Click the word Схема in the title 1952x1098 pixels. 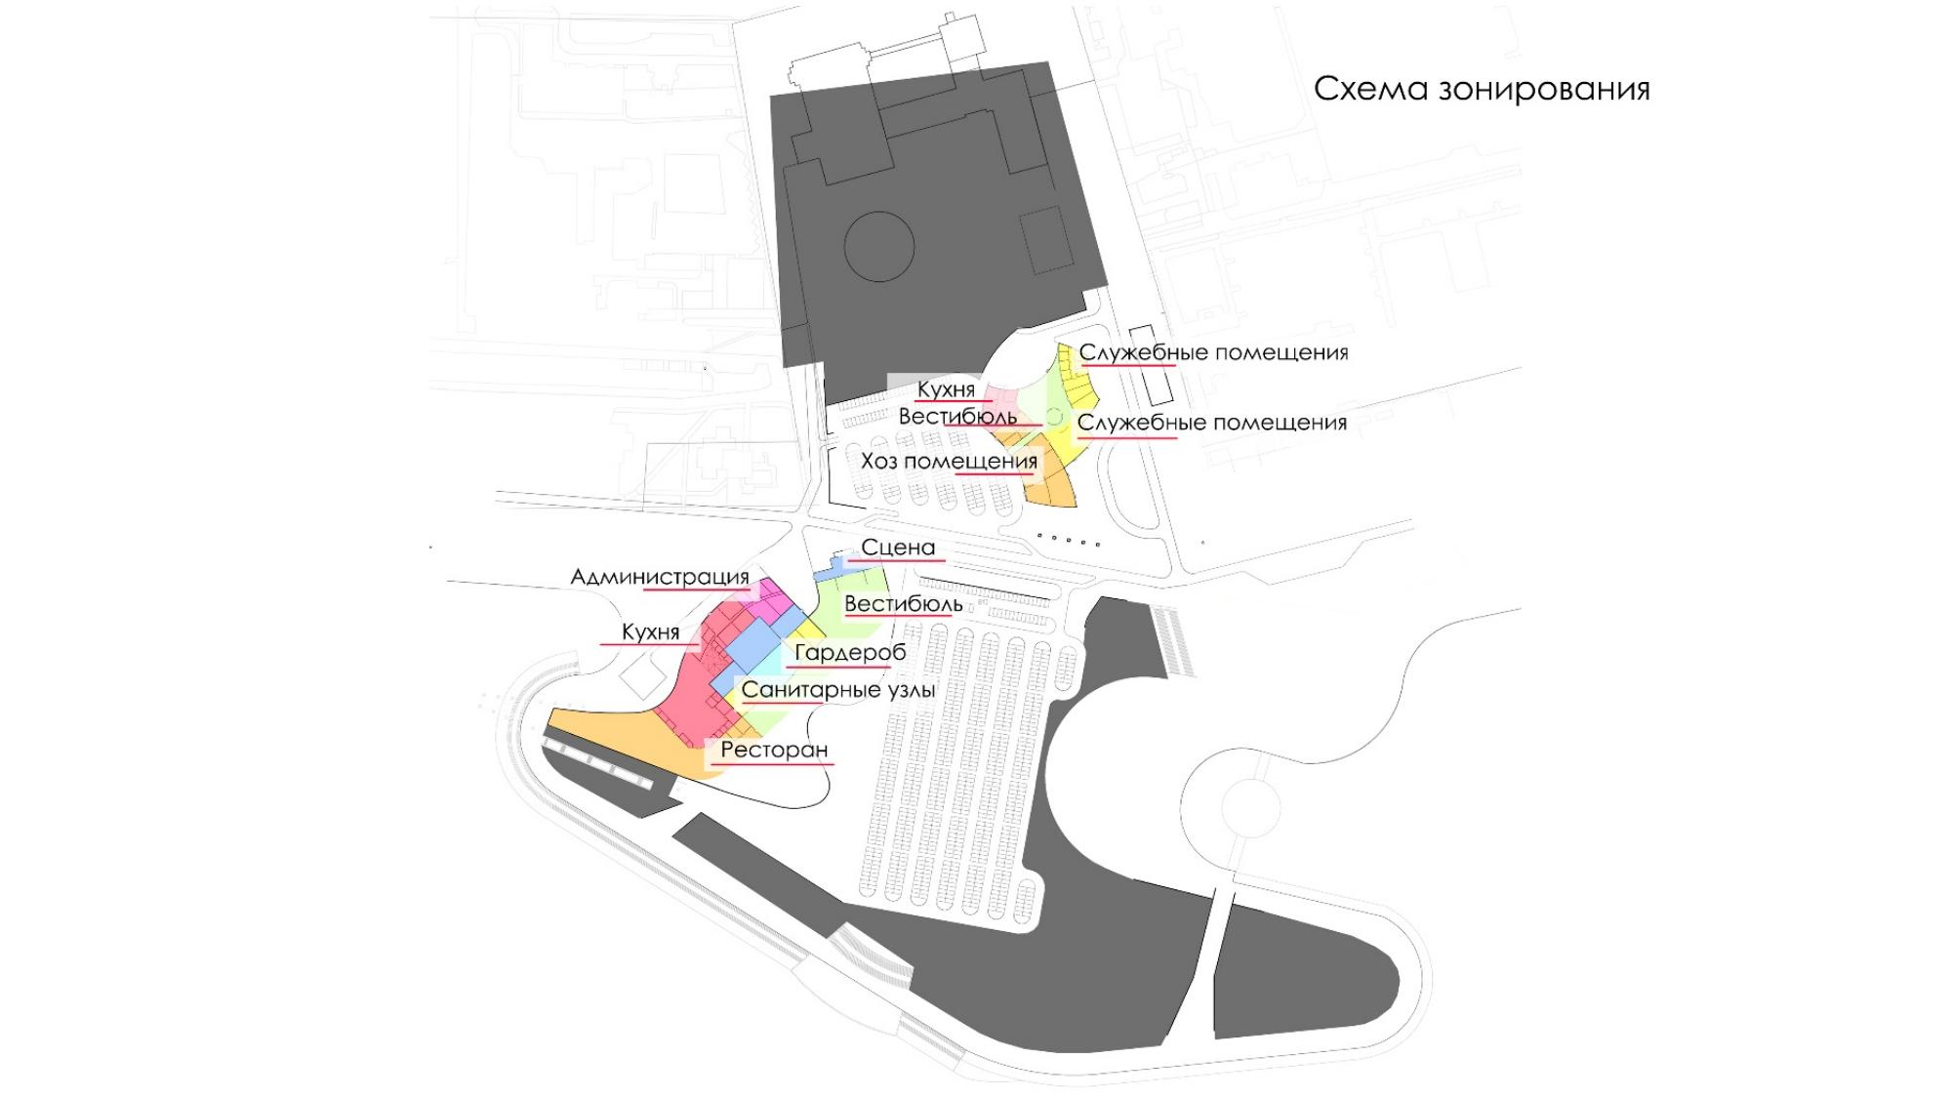[1363, 89]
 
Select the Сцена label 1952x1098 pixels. [898, 549]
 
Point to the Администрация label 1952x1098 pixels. [660, 578]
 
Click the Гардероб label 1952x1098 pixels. [850, 653]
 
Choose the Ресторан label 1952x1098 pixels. [774, 751]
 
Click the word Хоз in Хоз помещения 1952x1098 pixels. [877, 462]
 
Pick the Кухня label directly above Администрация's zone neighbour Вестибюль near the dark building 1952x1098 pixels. [946, 389]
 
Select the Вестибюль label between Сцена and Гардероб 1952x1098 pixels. [903, 604]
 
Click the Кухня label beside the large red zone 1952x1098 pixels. [650, 632]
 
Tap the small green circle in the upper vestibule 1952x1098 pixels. [1053, 417]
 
